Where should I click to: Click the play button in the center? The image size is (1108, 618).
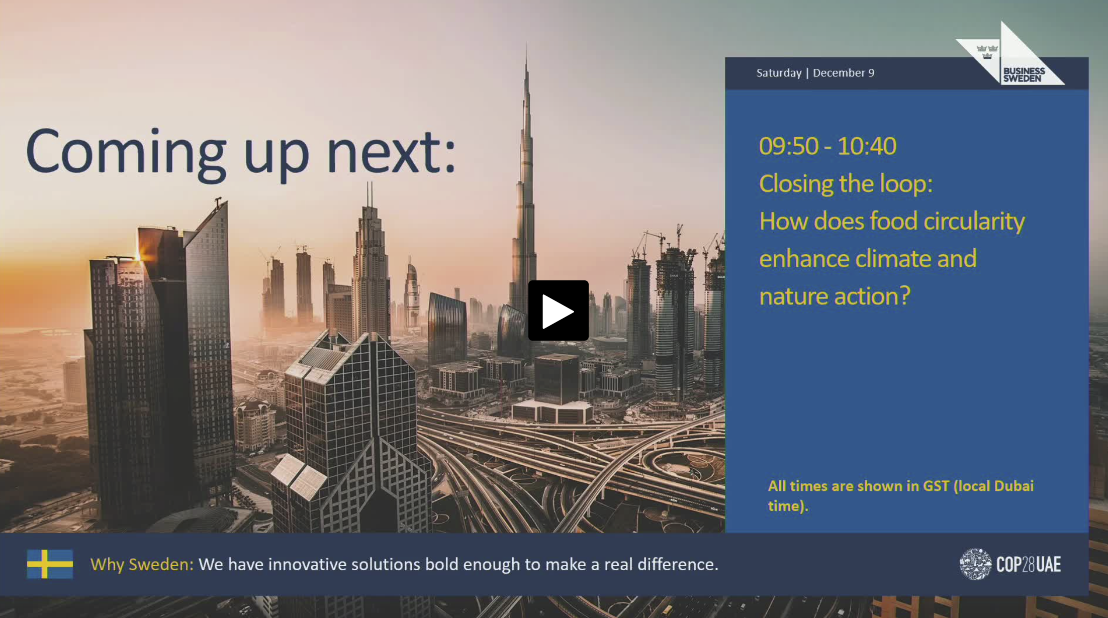(558, 311)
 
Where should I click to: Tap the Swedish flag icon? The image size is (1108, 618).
(50, 564)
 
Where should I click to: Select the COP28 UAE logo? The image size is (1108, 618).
(1010, 564)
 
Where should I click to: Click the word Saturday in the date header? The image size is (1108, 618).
(779, 73)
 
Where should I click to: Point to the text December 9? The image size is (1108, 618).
(844, 73)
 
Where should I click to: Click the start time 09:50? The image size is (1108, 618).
(789, 146)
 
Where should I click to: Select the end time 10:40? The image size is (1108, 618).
(867, 146)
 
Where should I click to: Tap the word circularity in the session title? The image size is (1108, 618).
(974, 222)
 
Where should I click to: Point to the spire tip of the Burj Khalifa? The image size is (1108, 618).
(526, 44)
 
